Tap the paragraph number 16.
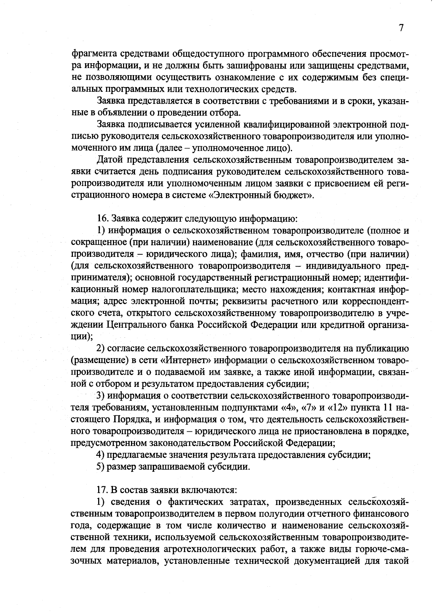pyautogui.click(x=102, y=219)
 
